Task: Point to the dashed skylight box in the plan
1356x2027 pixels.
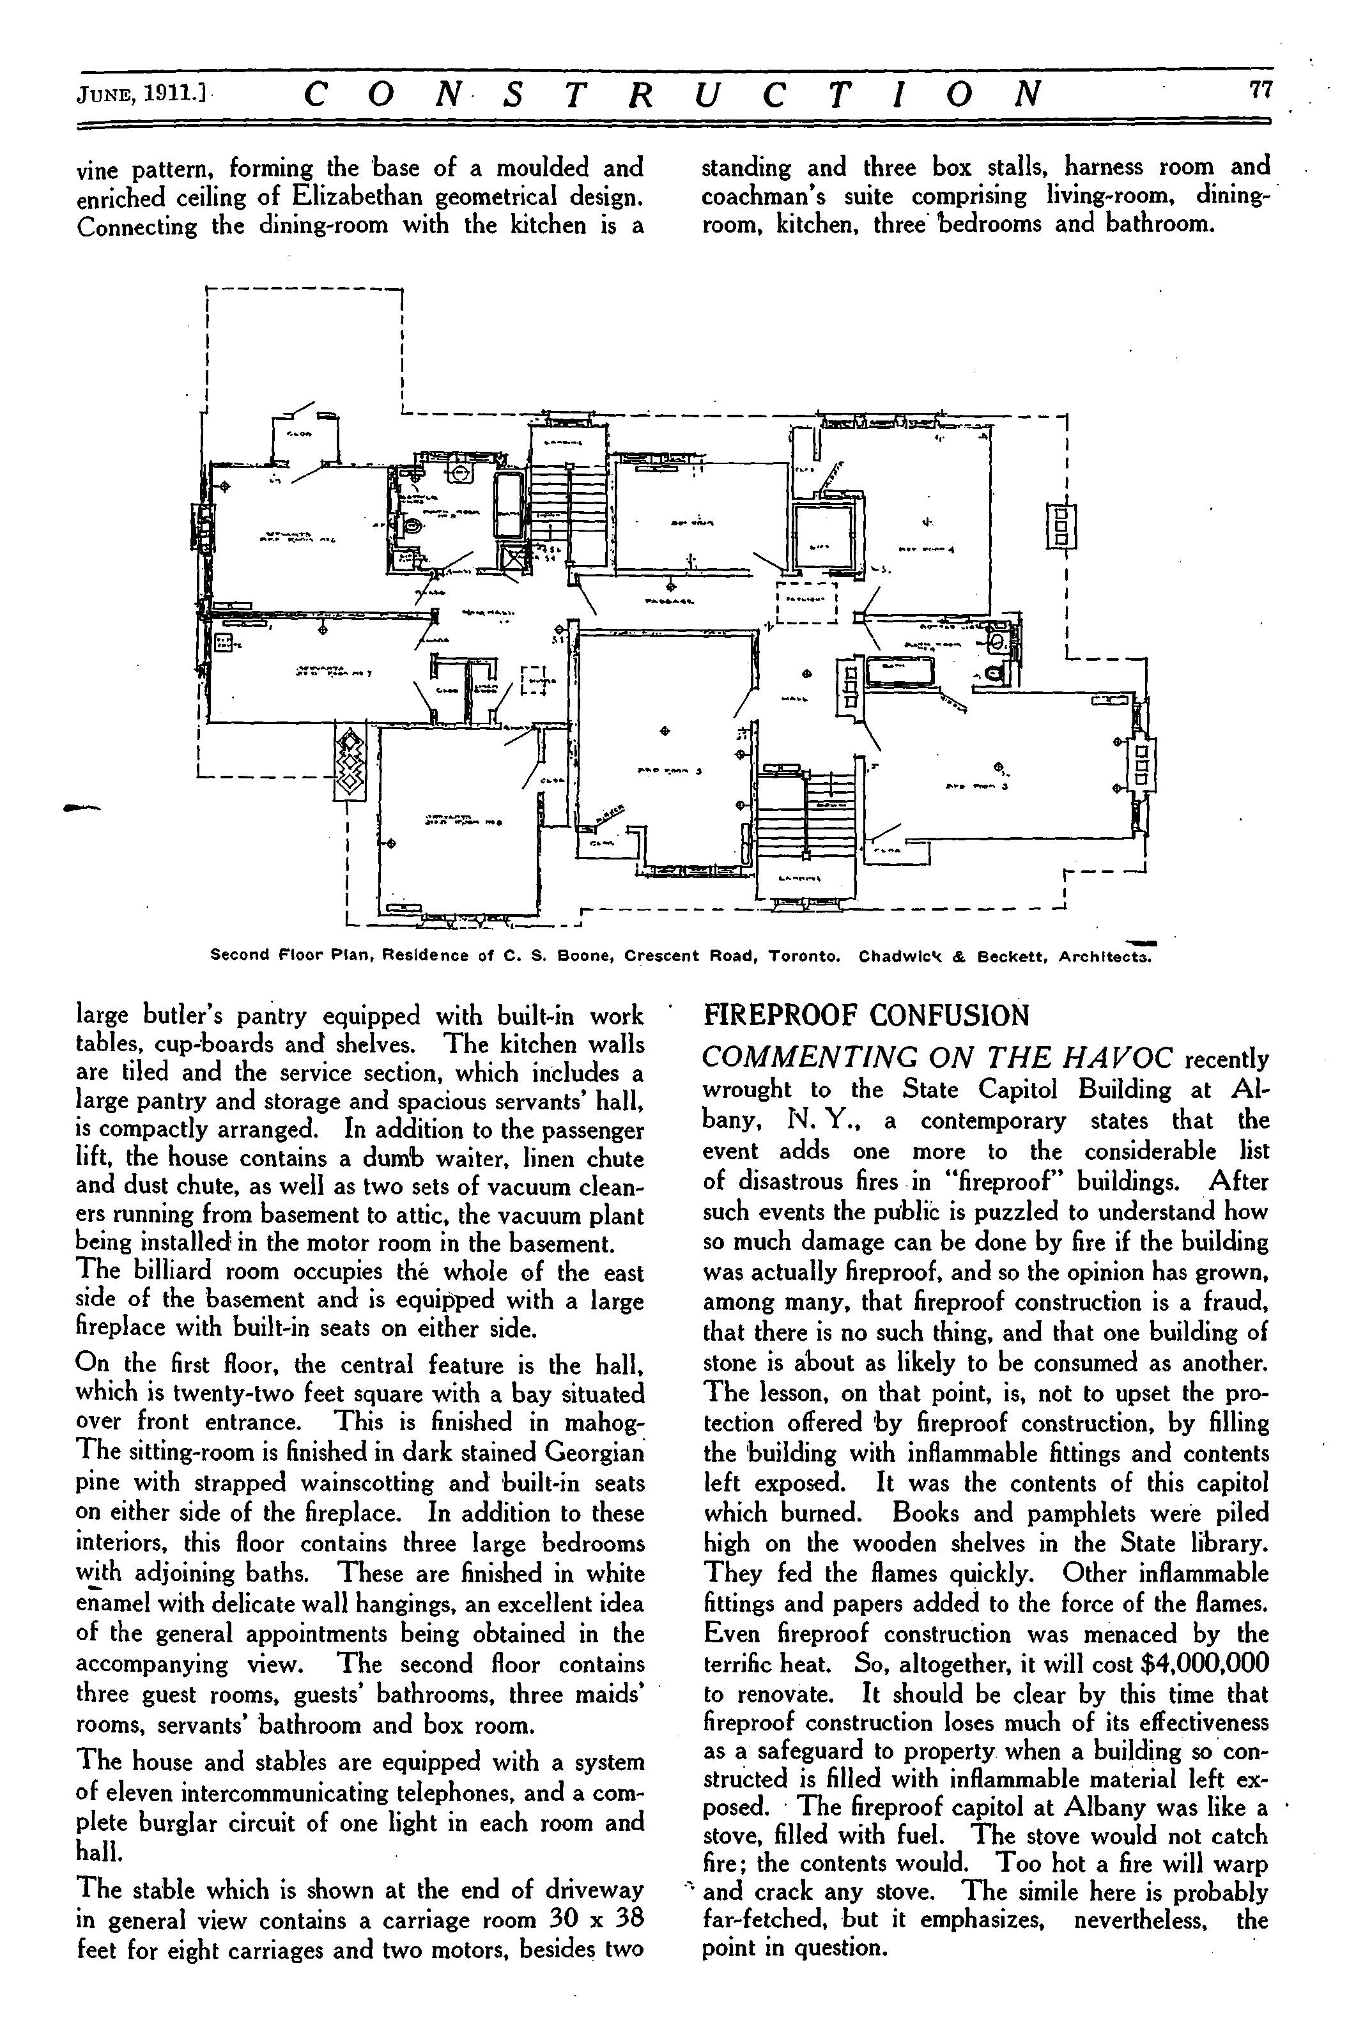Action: point(808,602)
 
